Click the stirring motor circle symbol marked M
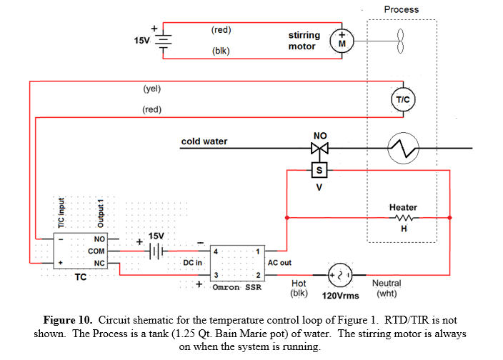342,40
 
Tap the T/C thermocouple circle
402,100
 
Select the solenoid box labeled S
319,170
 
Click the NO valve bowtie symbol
319,149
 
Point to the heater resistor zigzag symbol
404,218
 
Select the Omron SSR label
238,288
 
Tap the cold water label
204,141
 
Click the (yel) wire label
151,89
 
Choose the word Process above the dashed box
401,9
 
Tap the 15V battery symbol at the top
164,40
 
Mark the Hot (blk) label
299,288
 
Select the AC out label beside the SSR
279,262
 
